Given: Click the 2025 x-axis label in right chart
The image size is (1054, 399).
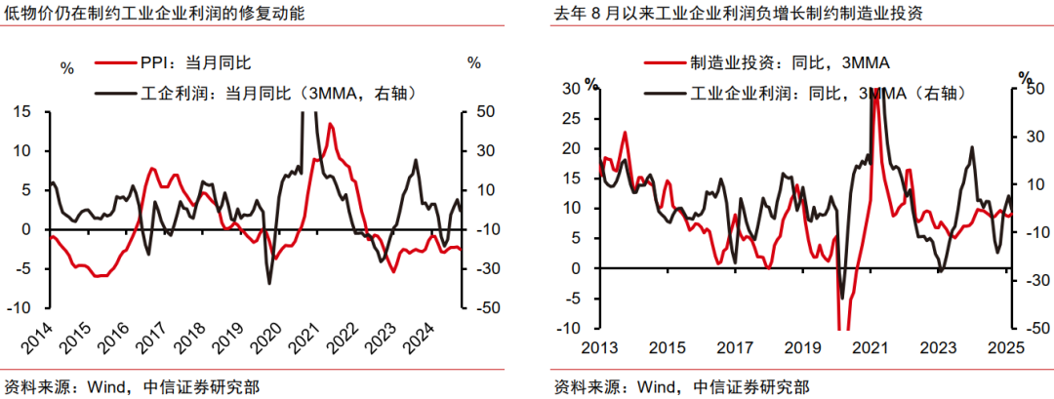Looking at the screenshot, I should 1005,346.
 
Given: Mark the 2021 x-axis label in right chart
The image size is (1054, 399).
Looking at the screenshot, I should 870,346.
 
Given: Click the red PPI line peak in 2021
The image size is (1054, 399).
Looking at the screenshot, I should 331,125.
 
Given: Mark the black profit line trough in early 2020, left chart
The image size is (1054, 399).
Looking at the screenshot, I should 269,283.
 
